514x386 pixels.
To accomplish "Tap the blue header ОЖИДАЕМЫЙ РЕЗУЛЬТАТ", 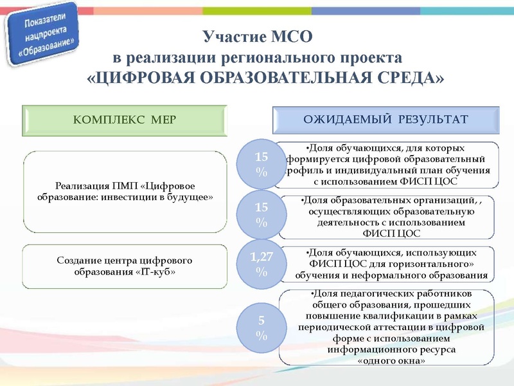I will pyautogui.click(x=385, y=119).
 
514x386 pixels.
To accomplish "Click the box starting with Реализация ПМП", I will pyautogui.click(x=125, y=192).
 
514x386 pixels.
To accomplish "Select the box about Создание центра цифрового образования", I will pyautogui.click(x=125, y=266).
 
